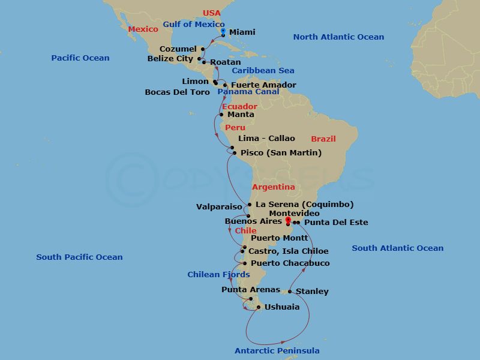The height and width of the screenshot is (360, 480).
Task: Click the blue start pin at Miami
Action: pyautogui.click(x=223, y=31)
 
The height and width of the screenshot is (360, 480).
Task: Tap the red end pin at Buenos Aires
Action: pyautogui.click(x=288, y=220)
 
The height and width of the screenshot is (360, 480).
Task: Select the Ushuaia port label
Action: pyautogui.click(x=282, y=307)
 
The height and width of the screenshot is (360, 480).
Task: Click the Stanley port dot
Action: pyautogui.click(x=290, y=292)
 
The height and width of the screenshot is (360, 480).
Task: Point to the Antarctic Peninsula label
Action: pyautogui.click(x=277, y=350)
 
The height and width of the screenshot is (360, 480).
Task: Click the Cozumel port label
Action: pyautogui.click(x=178, y=49)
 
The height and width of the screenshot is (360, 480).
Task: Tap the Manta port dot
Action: pyautogui.click(x=221, y=115)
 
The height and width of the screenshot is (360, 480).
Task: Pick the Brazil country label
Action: pyautogui.click(x=323, y=139)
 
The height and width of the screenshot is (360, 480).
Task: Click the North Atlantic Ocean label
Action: pyautogui.click(x=338, y=37)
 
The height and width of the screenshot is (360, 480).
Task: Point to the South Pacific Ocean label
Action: pyautogui.click(x=79, y=257)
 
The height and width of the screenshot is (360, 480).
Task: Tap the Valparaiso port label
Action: pyautogui.click(x=219, y=207)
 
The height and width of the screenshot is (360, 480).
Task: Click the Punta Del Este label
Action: pyautogui.click(x=336, y=223)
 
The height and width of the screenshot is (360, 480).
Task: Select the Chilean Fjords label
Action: pyautogui.click(x=218, y=275)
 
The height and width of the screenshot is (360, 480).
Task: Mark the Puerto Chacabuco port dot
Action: pyautogui.click(x=245, y=263)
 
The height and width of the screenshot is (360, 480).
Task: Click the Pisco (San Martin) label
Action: pyautogui.click(x=281, y=153)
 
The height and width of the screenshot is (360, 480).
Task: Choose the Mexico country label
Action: pyautogui.click(x=143, y=28)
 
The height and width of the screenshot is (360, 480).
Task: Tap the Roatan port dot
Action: pyautogui.click(x=204, y=62)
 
